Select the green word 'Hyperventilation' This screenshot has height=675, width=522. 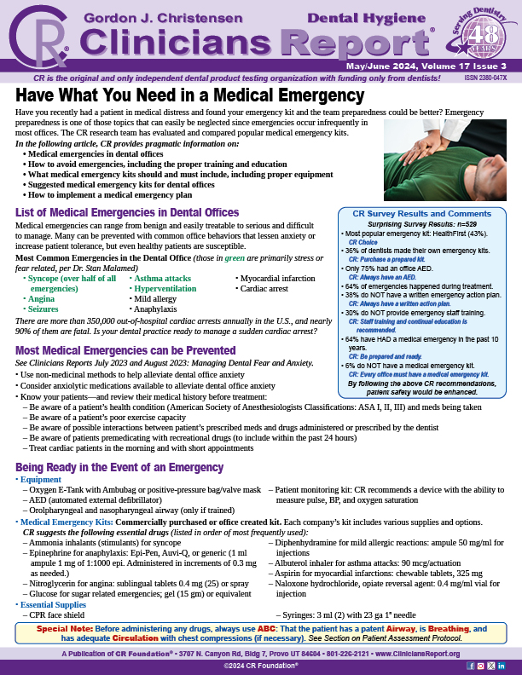click(165, 289)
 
